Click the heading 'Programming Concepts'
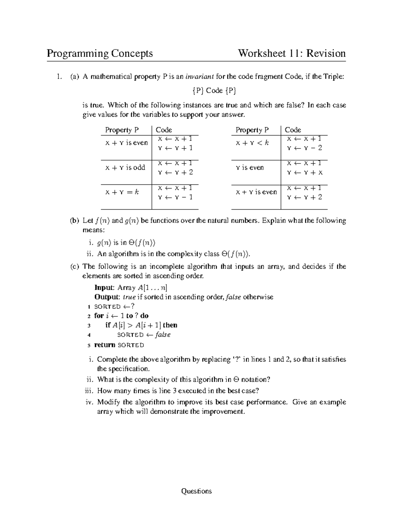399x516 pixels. [100, 53]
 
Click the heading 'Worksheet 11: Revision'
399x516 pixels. [292, 53]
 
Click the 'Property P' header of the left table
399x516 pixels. [122, 130]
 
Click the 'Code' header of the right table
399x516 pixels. [293, 130]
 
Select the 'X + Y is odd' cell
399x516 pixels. [125, 168]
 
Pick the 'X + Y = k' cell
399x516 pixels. [122, 192]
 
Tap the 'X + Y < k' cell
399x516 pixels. [252, 143]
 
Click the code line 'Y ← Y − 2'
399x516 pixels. [304, 148]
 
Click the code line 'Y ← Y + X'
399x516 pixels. [305, 173]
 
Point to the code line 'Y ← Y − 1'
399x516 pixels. [175, 197]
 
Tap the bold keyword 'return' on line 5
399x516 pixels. [104, 345]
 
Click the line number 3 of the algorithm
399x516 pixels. [89, 326]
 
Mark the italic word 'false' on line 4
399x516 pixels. [163, 335]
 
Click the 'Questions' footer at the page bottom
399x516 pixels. [196, 491]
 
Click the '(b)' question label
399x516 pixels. [74, 221]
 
